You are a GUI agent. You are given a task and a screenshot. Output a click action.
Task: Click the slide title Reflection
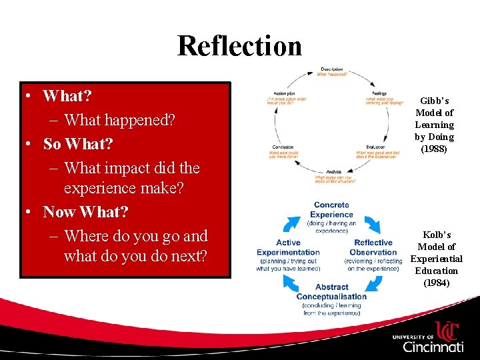(239, 46)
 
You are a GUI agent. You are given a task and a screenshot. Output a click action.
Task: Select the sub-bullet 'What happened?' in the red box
(120, 121)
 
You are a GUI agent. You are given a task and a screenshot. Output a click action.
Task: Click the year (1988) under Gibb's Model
(434, 149)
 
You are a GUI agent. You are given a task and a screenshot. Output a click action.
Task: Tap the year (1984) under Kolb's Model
(436, 283)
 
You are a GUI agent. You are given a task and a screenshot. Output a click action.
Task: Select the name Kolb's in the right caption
(437, 235)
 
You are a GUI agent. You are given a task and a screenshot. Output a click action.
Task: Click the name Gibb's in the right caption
(435, 101)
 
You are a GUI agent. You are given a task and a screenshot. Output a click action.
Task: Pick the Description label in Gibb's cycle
(331, 69)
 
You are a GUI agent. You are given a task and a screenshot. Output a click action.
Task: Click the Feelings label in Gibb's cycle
(380, 93)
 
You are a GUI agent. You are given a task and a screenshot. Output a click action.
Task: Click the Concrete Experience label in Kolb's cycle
(331, 210)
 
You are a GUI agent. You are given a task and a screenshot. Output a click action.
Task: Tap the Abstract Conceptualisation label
(331, 292)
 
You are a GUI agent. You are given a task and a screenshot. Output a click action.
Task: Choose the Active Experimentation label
(288, 247)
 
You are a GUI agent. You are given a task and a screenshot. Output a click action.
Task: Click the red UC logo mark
(446, 331)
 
